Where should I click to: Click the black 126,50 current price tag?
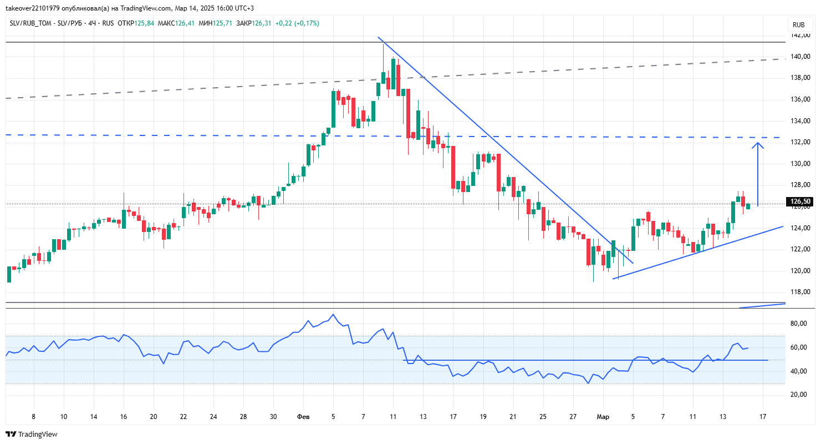799,201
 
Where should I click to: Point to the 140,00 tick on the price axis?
800,57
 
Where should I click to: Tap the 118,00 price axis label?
800,292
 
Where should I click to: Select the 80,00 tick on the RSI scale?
799,324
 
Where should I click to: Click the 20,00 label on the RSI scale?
799,395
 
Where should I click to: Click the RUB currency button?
799,24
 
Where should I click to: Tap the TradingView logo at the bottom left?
32,434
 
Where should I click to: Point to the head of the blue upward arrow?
758,143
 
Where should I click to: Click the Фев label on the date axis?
303,417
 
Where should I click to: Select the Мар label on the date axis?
603,417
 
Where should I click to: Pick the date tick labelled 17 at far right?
763,417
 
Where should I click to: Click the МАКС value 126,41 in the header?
185,23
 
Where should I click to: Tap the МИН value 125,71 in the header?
222,23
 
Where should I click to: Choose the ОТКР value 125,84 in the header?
144,23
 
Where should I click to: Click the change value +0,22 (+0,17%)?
297,23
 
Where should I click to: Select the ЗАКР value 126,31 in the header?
261,23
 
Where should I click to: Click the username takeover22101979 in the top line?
33,8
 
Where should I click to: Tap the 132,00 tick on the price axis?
800,142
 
